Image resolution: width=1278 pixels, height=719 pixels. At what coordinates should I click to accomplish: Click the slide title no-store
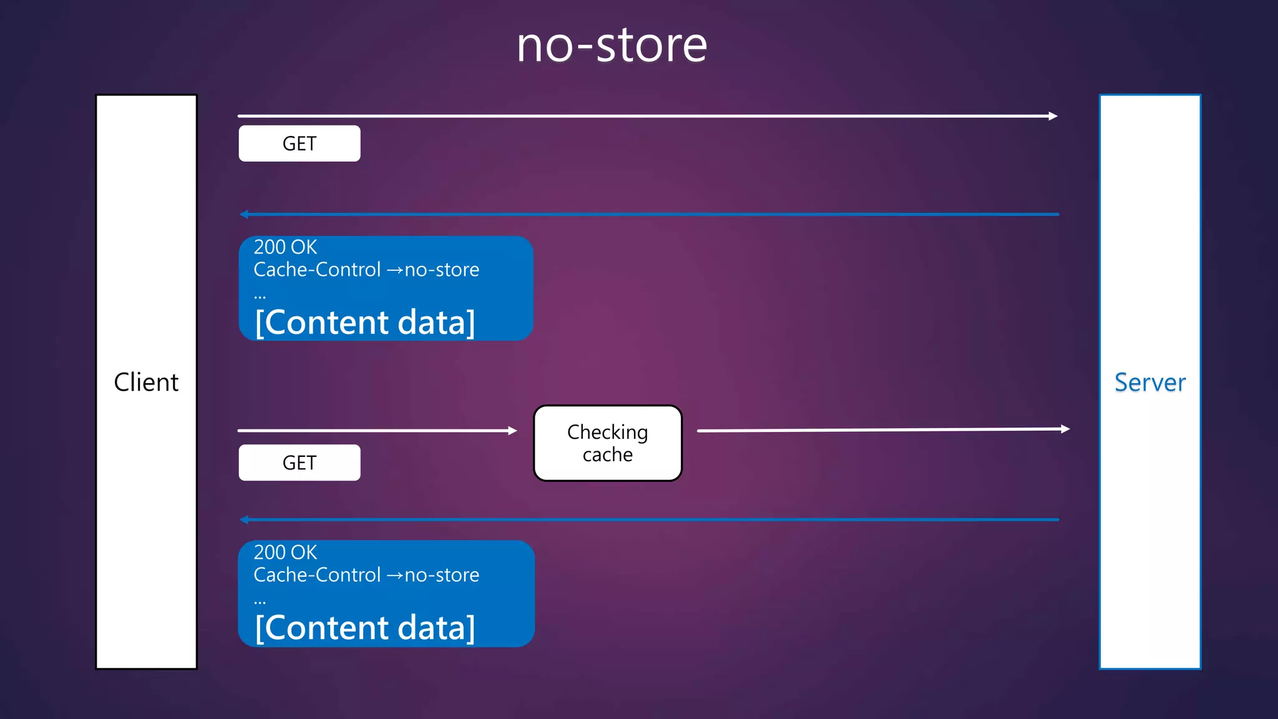(612, 46)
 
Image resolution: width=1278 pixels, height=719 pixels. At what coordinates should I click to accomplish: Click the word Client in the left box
(146, 382)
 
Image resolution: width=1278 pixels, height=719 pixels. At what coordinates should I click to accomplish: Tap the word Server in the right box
(1149, 382)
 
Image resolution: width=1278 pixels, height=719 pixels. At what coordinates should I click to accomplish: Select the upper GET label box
(300, 144)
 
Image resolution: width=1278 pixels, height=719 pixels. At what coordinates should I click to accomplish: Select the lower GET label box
(300, 462)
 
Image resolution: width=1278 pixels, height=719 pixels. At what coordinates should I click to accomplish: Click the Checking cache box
(607, 443)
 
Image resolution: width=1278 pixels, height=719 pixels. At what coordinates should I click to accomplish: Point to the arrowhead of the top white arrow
(1053, 116)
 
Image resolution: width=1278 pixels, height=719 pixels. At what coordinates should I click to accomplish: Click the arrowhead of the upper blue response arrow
(244, 214)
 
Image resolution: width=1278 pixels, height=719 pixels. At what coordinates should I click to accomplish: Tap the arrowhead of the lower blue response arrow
(244, 519)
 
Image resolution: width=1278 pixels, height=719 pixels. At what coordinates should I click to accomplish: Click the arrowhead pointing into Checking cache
(513, 431)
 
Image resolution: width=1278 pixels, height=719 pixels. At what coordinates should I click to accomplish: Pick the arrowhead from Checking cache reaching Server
(1066, 429)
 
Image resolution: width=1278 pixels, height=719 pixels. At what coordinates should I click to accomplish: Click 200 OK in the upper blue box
(285, 247)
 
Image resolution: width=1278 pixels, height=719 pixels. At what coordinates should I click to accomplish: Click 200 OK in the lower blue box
(285, 552)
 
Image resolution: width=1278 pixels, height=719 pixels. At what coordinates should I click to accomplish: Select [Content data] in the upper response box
(365, 322)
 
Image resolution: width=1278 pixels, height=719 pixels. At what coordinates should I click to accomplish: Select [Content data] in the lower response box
(365, 627)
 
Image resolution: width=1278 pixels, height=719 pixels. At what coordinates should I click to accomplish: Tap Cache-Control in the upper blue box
(317, 270)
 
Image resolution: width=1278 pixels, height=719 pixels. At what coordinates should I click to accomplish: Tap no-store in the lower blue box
(442, 575)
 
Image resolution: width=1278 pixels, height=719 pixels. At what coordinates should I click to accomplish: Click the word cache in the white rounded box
(607, 455)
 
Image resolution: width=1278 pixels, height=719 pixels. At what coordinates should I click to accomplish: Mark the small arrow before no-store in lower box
(394, 575)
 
